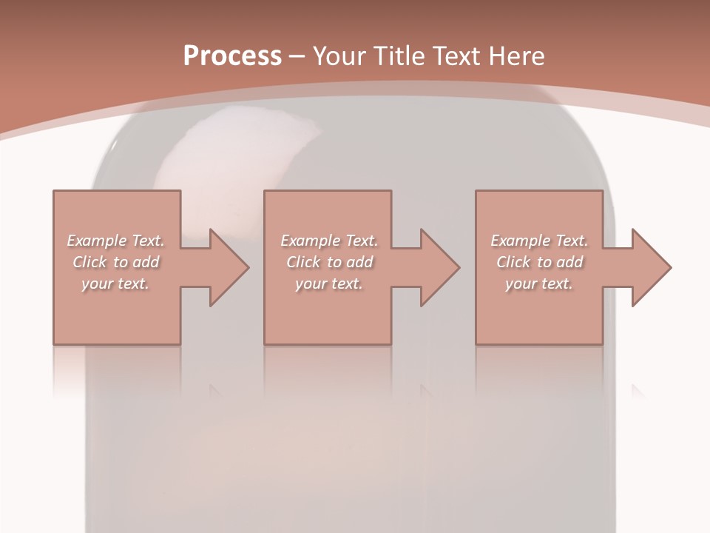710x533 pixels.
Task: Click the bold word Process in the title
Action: tap(232, 56)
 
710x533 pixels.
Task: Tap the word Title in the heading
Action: tap(400, 56)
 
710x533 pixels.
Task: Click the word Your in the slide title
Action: tap(342, 56)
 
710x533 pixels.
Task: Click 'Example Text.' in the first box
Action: tap(115, 241)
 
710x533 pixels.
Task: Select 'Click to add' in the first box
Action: tap(115, 262)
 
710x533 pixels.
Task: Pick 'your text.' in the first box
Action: tap(115, 284)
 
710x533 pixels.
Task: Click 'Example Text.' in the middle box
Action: tap(328, 241)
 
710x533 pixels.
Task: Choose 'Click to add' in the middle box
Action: tap(328, 262)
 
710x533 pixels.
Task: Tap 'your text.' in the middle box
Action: tap(328, 284)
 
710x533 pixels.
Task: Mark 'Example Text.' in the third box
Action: tap(539, 241)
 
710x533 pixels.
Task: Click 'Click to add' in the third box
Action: tap(539, 262)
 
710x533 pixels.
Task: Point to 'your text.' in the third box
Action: tap(539, 284)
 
